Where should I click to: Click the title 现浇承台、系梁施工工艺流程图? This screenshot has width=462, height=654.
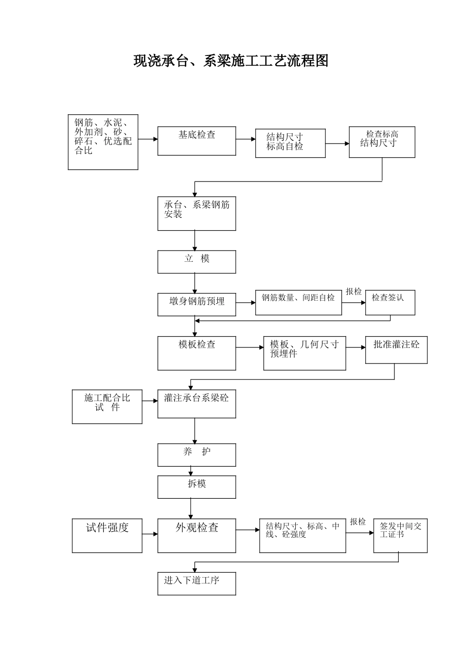[x=231, y=61]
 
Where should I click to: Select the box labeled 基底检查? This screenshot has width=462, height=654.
[x=196, y=141]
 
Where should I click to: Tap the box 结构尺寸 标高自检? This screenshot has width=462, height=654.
[x=290, y=143]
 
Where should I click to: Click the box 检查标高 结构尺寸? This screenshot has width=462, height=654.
[x=382, y=142]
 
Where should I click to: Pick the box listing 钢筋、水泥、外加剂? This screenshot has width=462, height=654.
[x=103, y=142]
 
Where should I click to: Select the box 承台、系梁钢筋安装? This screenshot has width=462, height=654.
[x=196, y=214]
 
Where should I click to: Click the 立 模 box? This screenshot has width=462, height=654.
[x=196, y=262]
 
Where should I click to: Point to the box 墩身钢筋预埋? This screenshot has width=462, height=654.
[x=196, y=305]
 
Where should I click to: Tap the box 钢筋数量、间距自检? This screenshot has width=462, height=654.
[x=298, y=303]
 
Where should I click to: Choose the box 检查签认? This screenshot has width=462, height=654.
[x=390, y=303]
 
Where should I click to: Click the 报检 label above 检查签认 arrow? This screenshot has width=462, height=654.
[x=354, y=291]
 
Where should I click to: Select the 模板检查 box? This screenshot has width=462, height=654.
[x=196, y=353]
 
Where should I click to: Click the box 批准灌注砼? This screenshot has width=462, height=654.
[x=396, y=350]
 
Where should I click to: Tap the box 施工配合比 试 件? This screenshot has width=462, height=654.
[x=107, y=407]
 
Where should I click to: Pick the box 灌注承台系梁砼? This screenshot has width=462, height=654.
[x=196, y=404]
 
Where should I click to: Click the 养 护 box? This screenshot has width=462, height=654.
[x=196, y=455]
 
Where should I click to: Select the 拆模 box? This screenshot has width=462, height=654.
[x=196, y=487]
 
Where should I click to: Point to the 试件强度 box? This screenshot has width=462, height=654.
[x=107, y=536]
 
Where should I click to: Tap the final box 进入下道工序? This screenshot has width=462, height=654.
[x=196, y=583]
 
